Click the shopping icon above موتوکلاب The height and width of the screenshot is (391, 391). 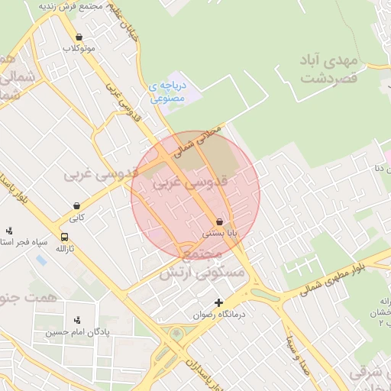click(x=79, y=37)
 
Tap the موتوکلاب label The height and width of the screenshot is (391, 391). click(x=79, y=48)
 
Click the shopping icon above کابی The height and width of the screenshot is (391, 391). click(x=78, y=205)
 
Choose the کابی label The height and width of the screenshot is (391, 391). click(x=78, y=217)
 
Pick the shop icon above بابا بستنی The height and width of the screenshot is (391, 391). click(x=220, y=221)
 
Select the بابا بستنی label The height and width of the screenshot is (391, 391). click(x=220, y=232)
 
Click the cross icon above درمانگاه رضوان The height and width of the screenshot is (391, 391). click(x=219, y=303)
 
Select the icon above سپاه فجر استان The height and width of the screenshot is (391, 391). click(x=9, y=231)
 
